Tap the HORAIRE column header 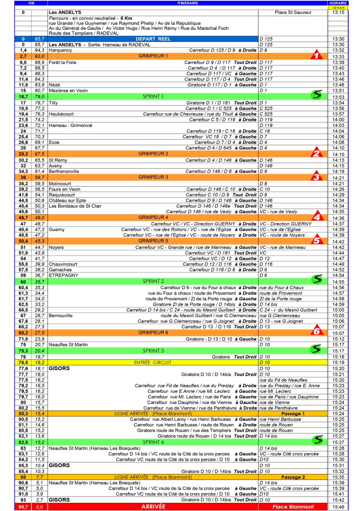339,3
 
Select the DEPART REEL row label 153,39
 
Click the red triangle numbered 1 315,55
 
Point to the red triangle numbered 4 316,217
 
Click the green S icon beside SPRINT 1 316,95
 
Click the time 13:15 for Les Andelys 339,13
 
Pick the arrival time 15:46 339,507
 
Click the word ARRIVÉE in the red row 153,507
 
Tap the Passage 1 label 293,413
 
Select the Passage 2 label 293,477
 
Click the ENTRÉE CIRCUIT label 153,362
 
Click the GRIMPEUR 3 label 153,177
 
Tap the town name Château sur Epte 66,200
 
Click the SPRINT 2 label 153,281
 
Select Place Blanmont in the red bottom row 293,507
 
